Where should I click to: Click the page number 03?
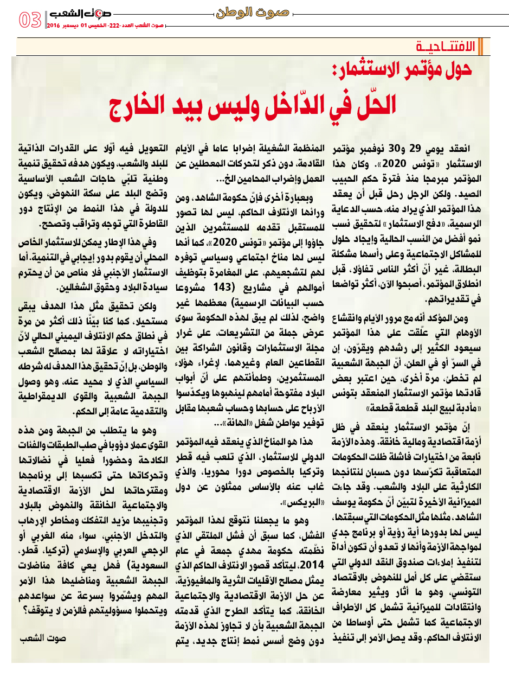30,20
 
